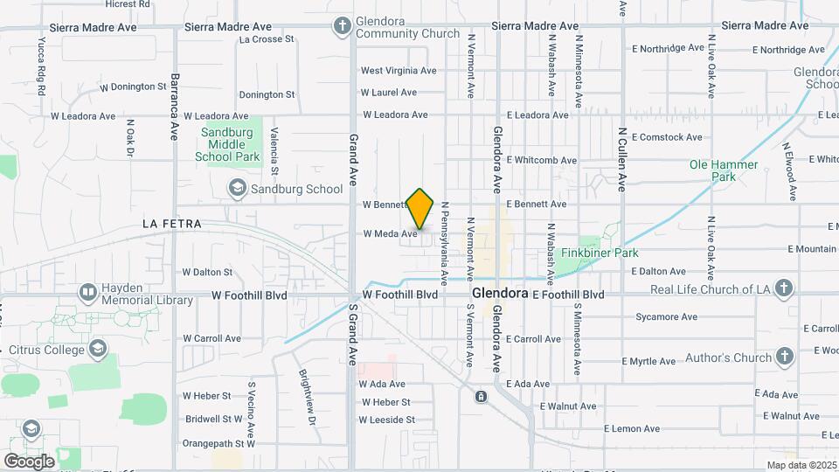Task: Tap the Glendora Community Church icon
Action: [x=343, y=26]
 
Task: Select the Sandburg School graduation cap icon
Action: [x=236, y=188]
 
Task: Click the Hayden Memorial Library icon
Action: [x=87, y=293]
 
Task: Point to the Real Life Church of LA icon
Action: [x=784, y=288]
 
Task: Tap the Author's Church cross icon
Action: [x=784, y=357]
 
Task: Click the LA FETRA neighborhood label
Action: [x=172, y=225]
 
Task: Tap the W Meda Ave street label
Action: [x=389, y=233]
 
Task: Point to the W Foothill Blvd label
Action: [x=399, y=295]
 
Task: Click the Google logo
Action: [x=29, y=461]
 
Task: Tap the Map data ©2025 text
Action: [x=801, y=465]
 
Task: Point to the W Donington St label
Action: [x=133, y=87]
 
